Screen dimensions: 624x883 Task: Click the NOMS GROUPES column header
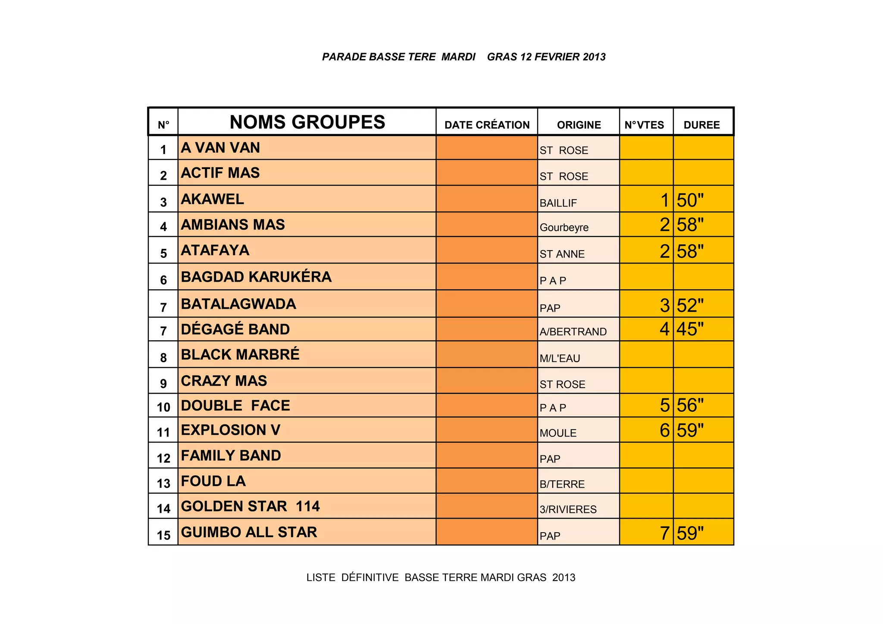click(307, 122)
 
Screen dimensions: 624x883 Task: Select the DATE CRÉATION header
click(487, 125)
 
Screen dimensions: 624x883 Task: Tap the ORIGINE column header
click(579, 125)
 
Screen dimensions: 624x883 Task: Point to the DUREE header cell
click(701, 125)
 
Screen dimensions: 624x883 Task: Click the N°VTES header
click(644, 125)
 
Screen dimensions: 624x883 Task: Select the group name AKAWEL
click(212, 199)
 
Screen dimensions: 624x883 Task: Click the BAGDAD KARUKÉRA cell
click(256, 277)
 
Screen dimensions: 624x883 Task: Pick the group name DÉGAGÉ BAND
click(235, 329)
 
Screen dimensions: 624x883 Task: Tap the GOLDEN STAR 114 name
click(250, 506)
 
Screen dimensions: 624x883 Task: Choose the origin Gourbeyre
click(564, 227)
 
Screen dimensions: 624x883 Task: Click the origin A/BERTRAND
click(573, 332)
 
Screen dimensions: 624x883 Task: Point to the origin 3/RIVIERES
click(568, 509)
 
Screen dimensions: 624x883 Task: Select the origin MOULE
click(558, 433)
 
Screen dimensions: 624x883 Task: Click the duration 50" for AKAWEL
click(690, 201)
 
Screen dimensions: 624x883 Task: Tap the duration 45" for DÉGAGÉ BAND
click(690, 329)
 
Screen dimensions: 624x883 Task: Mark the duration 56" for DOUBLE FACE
click(690, 405)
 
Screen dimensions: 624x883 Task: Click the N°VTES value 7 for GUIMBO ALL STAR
click(664, 533)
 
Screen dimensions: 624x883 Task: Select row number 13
click(163, 483)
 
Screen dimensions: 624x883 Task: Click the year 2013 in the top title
click(594, 57)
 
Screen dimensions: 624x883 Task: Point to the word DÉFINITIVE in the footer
click(370, 577)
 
